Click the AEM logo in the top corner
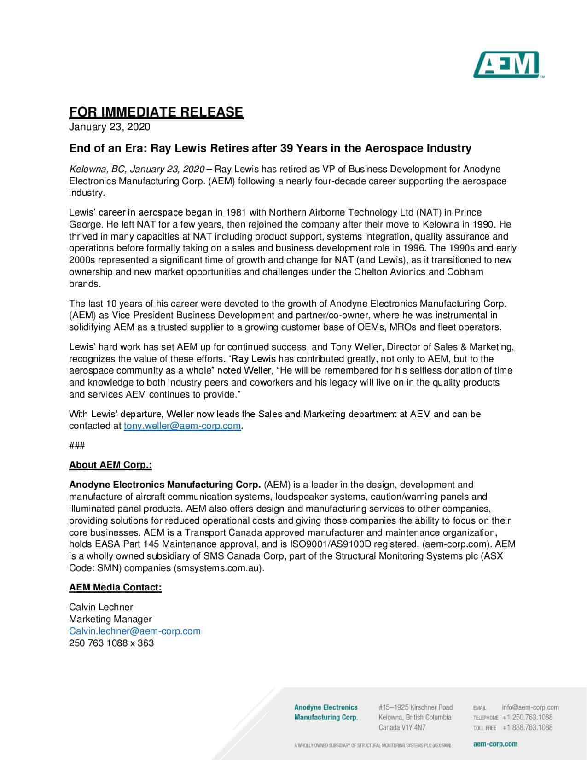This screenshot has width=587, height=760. click(x=506, y=65)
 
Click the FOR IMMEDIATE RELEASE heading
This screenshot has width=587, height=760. click(x=156, y=112)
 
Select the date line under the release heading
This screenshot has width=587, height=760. click(x=110, y=127)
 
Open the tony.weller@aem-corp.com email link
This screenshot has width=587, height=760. click(x=182, y=426)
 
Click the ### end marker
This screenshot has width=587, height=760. click(x=76, y=446)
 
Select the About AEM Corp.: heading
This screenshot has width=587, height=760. click(x=110, y=465)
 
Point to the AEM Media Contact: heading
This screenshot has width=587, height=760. click(x=115, y=587)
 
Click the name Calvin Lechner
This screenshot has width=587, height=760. click(x=101, y=607)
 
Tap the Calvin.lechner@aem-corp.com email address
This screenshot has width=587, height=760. click(x=135, y=631)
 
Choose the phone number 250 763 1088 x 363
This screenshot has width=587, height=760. click(x=111, y=643)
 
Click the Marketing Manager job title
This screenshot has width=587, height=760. click(x=110, y=619)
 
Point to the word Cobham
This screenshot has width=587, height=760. click(x=465, y=272)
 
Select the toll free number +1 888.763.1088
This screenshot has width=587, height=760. click(x=527, y=727)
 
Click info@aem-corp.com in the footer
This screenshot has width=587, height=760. click(x=530, y=707)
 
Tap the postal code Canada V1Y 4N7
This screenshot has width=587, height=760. click(x=402, y=727)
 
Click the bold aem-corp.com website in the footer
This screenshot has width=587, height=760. click(x=495, y=744)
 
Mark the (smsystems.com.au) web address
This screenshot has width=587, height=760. click(x=219, y=568)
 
